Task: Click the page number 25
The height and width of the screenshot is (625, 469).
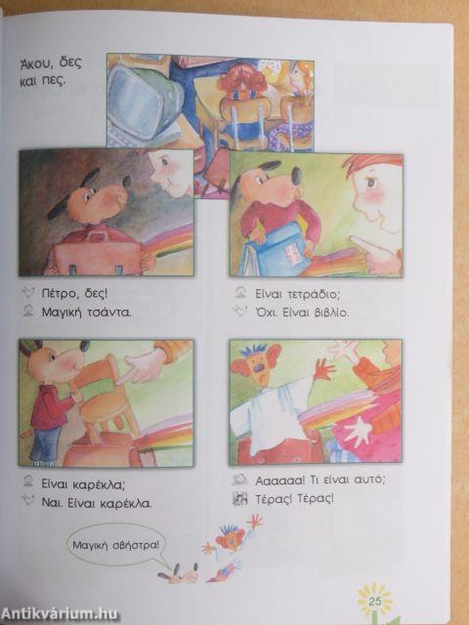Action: pyautogui.click(x=375, y=602)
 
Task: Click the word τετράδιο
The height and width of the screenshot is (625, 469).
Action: pyautogui.click(x=313, y=295)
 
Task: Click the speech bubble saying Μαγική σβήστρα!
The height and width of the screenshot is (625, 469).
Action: pyautogui.click(x=116, y=545)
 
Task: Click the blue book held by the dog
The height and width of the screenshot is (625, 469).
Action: pyautogui.click(x=278, y=250)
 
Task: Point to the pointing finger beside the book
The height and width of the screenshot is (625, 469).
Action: pyautogui.click(x=375, y=254)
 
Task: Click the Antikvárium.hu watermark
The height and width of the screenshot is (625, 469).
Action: pyautogui.click(x=60, y=614)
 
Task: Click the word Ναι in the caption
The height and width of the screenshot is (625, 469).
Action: pyautogui.click(x=52, y=504)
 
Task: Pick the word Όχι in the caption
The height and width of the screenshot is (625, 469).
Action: pyautogui.click(x=267, y=312)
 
